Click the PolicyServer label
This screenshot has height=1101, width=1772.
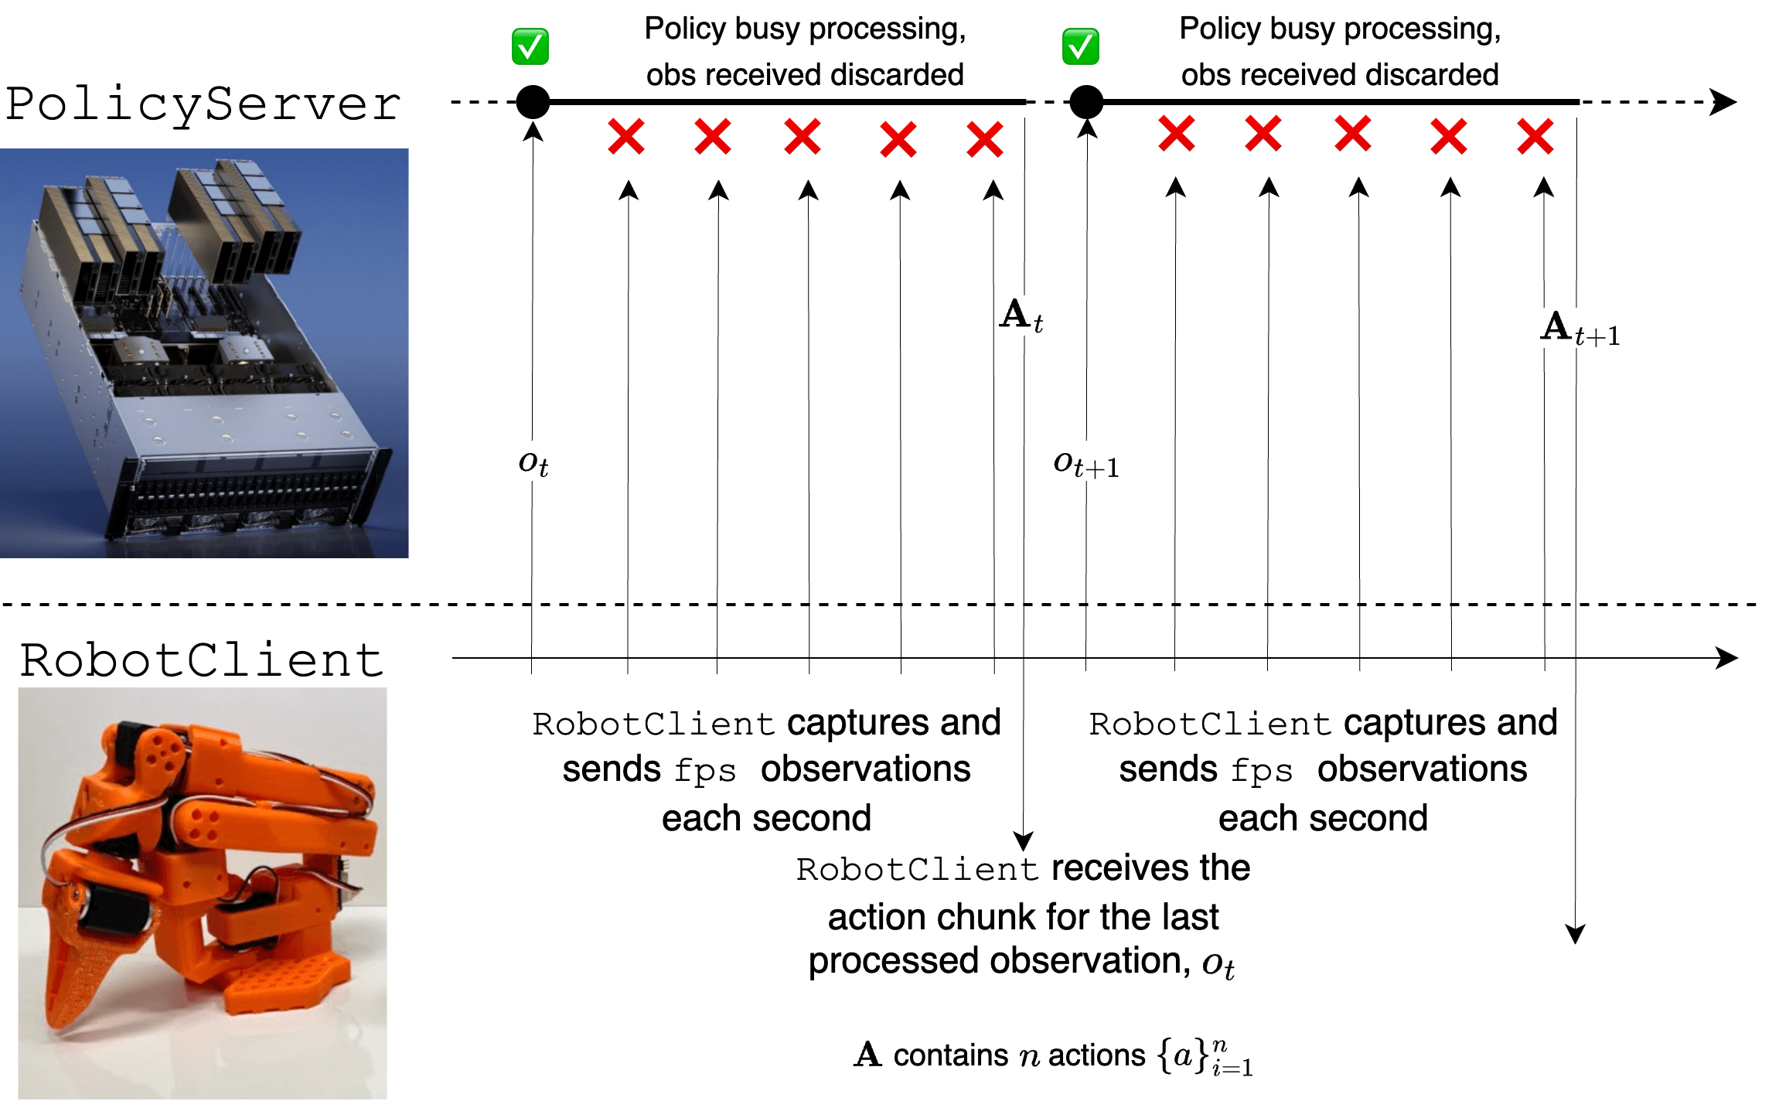pos(203,104)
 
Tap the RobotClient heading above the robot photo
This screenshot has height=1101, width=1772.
pos(202,660)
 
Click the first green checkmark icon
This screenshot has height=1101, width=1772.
pos(530,46)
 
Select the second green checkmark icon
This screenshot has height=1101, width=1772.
pos(1080,46)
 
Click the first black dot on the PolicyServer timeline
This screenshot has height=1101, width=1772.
pos(533,101)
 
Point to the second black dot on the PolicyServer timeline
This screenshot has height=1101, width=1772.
pos(1086,101)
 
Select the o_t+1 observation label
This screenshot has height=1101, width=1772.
pos(1086,464)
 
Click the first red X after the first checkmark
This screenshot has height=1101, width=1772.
pos(626,137)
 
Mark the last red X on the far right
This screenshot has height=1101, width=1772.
pos(1535,137)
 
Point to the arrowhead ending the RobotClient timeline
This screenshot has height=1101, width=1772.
pos(1726,658)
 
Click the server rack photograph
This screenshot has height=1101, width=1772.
pos(204,353)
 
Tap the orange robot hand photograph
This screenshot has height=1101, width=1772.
pos(203,893)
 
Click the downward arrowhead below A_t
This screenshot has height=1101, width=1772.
pos(1023,840)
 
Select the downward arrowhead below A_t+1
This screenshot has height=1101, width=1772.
pos(1575,933)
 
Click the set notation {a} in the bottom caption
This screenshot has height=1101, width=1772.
pos(1183,1055)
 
